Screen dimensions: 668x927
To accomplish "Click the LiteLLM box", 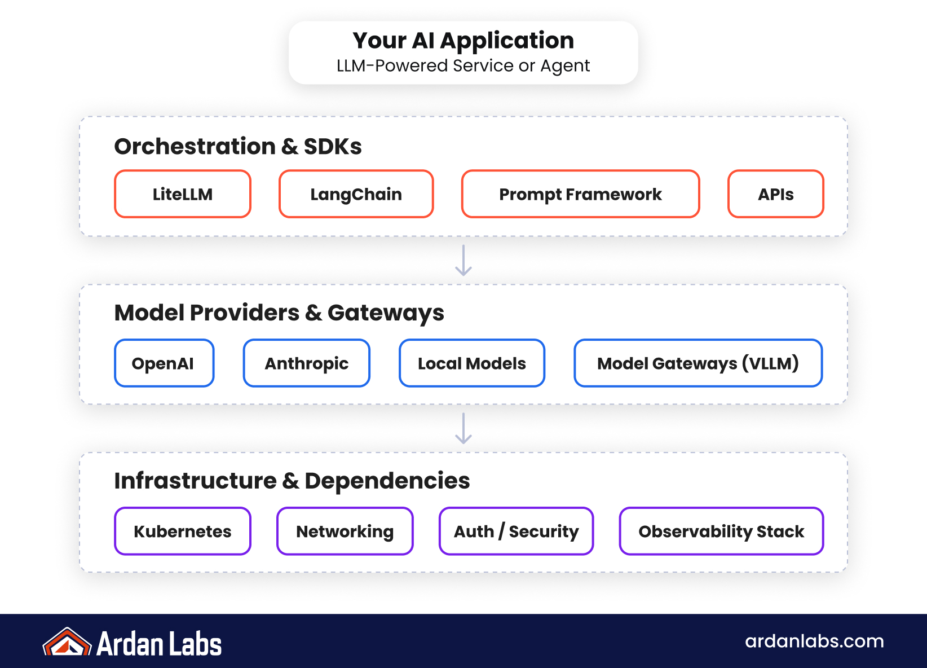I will point(183,194).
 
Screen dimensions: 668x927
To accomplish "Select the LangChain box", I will point(356,194).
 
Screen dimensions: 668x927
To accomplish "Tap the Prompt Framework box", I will point(580,194).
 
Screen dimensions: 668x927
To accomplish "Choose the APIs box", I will point(775,194).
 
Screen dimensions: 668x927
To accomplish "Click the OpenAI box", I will point(164,363).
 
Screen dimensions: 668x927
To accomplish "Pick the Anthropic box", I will point(306,363).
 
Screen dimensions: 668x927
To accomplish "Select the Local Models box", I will point(472,363).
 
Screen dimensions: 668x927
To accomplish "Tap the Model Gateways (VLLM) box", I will point(698,363).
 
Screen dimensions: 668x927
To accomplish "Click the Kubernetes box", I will point(183,531).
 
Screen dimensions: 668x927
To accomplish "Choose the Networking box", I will point(345,531).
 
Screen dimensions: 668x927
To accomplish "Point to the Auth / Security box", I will point(516,531).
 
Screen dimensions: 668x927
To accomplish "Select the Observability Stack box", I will point(721,531).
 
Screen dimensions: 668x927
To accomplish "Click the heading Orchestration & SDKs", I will point(238,146).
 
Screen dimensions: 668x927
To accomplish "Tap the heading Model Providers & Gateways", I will point(279,313).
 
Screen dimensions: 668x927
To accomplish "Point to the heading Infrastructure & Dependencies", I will point(292,481).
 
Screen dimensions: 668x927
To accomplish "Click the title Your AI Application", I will point(463,41).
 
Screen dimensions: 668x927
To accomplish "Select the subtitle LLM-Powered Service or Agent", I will point(463,66).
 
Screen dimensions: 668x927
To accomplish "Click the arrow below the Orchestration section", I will point(463,261).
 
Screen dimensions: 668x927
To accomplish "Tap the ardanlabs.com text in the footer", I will point(814,641).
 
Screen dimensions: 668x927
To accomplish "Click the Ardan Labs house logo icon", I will point(67,643).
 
